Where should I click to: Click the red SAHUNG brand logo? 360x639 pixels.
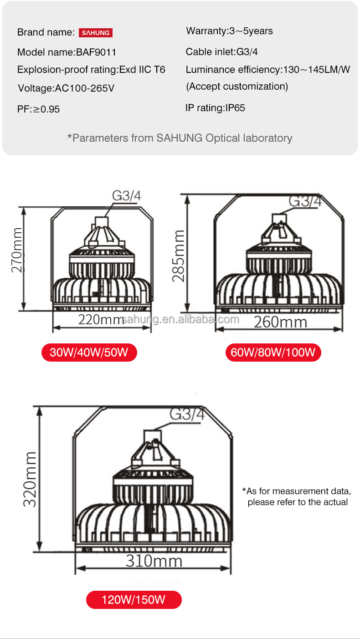coord(96,32)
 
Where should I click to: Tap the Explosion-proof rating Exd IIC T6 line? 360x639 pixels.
coord(91,70)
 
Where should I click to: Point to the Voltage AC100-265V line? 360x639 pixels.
coord(66,88)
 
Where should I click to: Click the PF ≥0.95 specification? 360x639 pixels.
coord(39,109)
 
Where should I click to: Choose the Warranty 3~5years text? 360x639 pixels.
coord(230,31)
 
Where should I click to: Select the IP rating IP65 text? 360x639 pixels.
coord(215,108)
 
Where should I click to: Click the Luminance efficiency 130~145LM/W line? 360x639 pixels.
coord(268,70)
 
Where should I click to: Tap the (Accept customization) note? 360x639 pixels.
coord(237,87)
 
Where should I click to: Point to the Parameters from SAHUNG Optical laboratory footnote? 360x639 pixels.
coord(180,138)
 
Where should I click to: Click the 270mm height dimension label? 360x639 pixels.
coord(16,250)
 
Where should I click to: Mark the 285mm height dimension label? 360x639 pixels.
coord(178,256)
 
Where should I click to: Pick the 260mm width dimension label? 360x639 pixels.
coord(280,322)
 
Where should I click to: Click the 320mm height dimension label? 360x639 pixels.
coord(30,479)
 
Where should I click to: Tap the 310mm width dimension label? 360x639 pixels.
coord(154,561)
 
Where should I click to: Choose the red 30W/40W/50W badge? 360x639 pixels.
coord(89,353)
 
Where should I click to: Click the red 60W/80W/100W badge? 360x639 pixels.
coord(273,353)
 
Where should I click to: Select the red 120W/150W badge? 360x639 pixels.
coord(134,599)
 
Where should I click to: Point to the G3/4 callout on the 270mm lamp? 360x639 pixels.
coord(127,196)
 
